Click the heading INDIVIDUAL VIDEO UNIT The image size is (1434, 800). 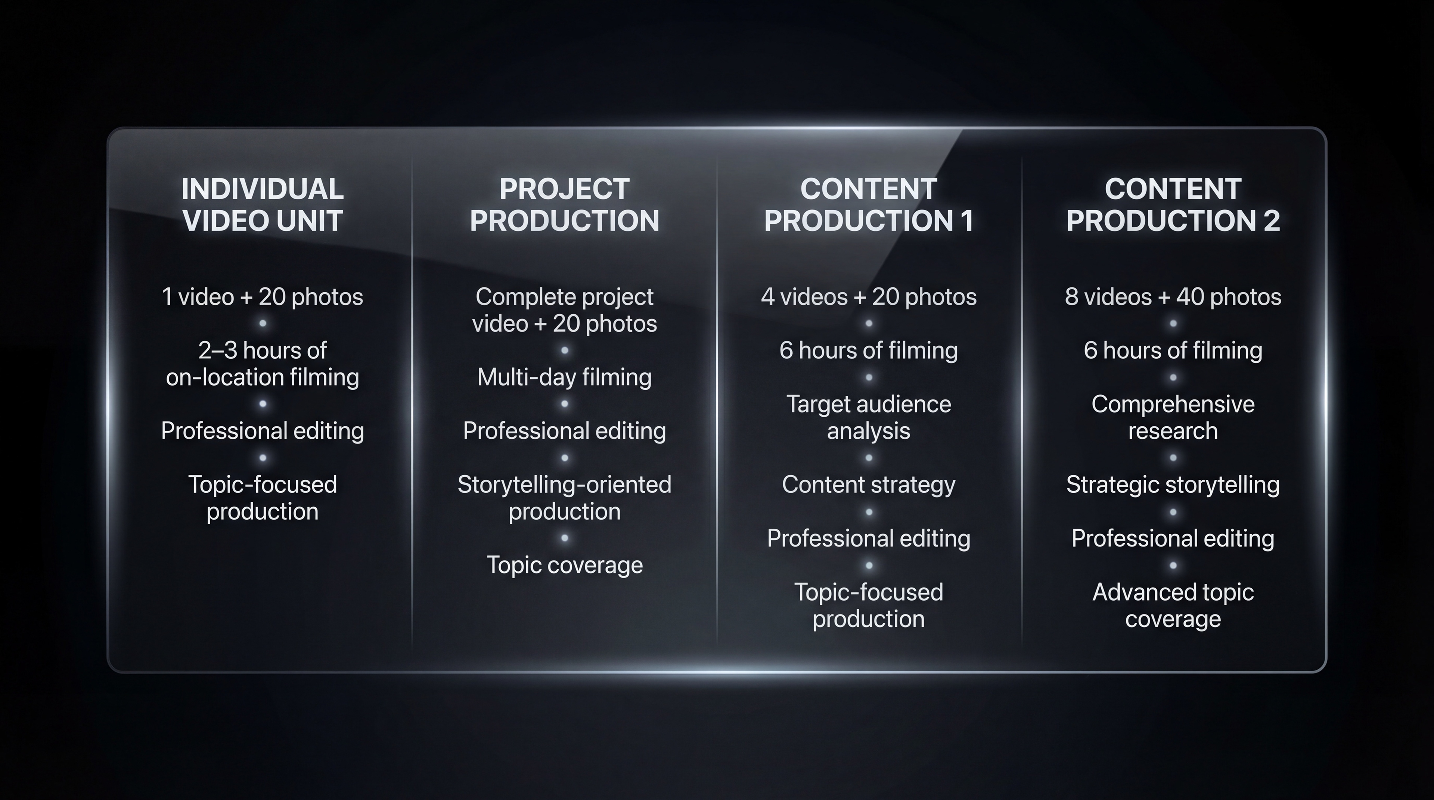(262, 205)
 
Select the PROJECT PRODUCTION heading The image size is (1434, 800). (565, 205)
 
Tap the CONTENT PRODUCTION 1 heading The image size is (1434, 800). (868, 205)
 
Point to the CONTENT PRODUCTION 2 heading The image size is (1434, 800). (1173, 205)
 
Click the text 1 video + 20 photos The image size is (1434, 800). (262, 296)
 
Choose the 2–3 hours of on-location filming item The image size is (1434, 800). (262, 364)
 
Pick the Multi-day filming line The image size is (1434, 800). (565, 377)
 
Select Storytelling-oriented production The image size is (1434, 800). (565, 498)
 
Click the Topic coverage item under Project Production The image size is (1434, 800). (565, 565)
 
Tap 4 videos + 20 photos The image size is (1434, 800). (868, 296)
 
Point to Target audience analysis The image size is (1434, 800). (868, 417)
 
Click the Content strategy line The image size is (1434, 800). (868, 485)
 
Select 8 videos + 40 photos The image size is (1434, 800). (1173, 296)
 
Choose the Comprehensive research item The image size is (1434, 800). (1173, 417)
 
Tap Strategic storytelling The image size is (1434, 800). (1173, 485)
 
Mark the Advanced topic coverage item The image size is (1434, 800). (1173, 605)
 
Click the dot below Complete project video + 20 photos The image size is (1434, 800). (565, 351)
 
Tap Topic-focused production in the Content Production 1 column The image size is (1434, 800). (868, 605)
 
